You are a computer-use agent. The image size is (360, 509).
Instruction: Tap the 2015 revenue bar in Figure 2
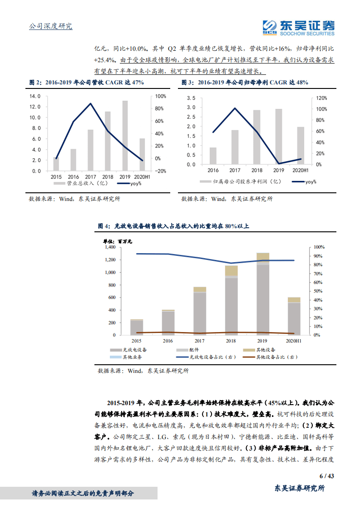point(56,164)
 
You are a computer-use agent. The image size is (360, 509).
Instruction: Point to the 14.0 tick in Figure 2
point(35,97)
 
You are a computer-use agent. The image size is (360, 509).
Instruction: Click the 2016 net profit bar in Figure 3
point(213,156)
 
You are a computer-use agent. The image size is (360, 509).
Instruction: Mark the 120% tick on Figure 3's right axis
point(322,98)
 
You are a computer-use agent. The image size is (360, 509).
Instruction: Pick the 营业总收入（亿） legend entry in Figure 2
point(74,184)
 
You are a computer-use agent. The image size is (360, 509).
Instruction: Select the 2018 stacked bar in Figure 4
point(232,300)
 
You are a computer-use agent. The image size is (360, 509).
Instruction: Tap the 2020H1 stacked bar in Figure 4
point(294,316)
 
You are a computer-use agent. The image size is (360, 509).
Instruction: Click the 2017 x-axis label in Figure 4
point(200,340)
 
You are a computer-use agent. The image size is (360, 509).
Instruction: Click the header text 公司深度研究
point(50,26)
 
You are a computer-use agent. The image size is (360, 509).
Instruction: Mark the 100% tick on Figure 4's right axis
point(318,247)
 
